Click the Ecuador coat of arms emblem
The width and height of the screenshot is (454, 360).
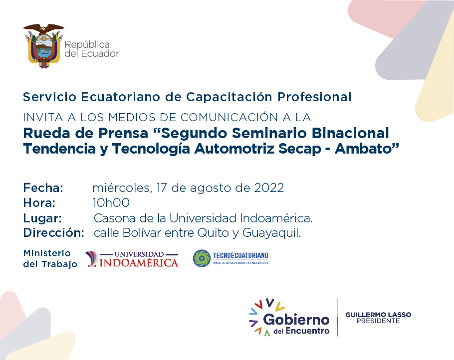44,46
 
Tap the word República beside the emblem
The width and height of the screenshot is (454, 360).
87,44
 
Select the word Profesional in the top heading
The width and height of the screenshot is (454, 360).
314,97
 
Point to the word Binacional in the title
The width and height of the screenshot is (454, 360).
350,133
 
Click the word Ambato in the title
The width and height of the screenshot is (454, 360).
367,149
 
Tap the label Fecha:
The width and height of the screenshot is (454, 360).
43,188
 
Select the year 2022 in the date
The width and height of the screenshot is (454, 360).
269,188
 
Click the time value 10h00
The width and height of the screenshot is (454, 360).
111,202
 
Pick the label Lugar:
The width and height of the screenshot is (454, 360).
42,218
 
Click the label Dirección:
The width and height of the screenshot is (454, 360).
53,233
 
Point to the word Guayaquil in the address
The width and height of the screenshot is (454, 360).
271,233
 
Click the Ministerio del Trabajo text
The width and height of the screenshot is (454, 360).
50,258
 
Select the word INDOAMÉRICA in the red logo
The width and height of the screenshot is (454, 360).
139,262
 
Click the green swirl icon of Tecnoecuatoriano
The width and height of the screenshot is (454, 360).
202,258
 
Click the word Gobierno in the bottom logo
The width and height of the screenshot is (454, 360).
296,320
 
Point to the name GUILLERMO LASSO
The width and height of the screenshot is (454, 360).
378,315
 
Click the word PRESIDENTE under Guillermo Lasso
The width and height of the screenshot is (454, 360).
378,321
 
